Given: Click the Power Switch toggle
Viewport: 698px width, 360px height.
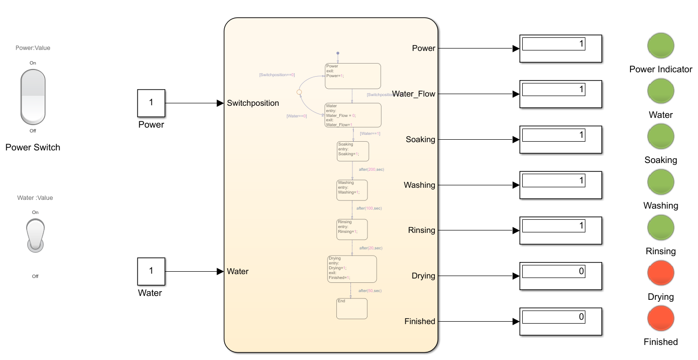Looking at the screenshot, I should pos(33,97).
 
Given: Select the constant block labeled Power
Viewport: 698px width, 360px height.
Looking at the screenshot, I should pos(151,103).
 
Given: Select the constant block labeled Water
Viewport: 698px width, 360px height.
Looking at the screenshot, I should pos(151,271).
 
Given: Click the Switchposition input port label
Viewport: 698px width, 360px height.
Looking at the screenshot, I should pos(253,103).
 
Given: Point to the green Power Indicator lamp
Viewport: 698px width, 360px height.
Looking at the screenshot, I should pos(661,46).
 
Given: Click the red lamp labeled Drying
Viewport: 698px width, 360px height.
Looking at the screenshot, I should pos(661,273).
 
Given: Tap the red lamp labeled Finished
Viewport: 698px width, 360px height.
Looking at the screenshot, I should pos(661,319).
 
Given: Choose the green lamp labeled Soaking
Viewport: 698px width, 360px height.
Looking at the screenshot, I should pos(661,136).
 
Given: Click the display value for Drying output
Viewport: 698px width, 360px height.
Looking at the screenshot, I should pos(553,272).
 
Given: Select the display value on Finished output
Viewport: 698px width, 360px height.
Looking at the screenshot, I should pos(553,317).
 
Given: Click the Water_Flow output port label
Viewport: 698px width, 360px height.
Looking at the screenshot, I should pos(414,94).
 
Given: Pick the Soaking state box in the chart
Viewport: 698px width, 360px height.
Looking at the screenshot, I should pos(353,151).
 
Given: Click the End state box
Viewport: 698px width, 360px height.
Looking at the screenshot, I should pos(352,308).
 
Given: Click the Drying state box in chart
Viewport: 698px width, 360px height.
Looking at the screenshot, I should pos(352,269).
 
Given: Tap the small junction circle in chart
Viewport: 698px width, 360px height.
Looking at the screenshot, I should pos(299,91).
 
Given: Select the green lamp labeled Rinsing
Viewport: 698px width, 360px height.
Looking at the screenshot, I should pos(661,228).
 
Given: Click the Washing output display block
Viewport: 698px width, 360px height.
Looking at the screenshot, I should pos(561,185).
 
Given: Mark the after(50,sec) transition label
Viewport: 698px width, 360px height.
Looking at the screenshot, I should pos(370,291).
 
